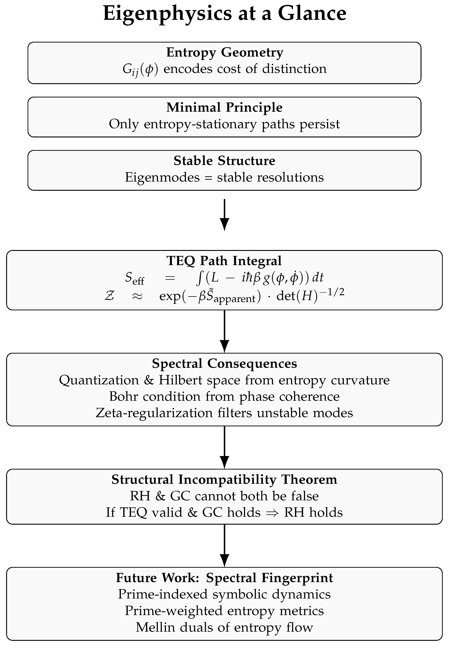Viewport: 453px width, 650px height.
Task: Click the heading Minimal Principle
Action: pyautogui.click(x=224, y=107)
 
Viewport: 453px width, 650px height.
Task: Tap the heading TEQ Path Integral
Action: pyautogui.click(x=224, y=261)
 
